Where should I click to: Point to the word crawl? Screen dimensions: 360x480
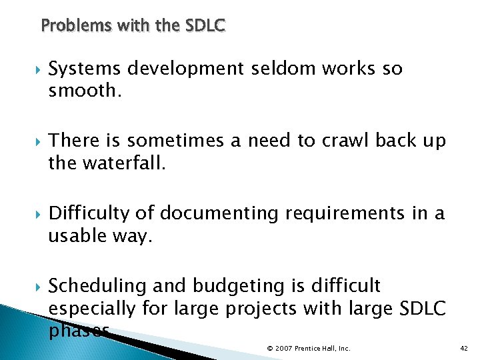[345, 141]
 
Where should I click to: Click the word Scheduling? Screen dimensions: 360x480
[98, 286]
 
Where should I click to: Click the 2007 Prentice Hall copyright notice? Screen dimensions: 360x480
[309, 348]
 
